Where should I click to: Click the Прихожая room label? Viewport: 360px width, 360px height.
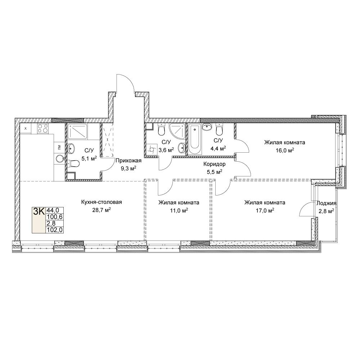129,161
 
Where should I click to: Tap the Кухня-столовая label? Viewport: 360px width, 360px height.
102,202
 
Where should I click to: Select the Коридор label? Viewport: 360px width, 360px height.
215,164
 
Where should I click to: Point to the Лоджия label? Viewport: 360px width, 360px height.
326,203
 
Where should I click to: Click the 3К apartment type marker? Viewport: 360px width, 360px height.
39,211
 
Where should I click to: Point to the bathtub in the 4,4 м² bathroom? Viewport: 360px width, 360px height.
195,139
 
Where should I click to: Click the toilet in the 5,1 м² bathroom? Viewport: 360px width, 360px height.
73,164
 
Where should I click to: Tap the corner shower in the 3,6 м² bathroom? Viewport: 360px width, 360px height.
177,131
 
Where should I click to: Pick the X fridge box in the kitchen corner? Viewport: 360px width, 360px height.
26,129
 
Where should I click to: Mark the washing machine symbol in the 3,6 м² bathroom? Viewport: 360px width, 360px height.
152,149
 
